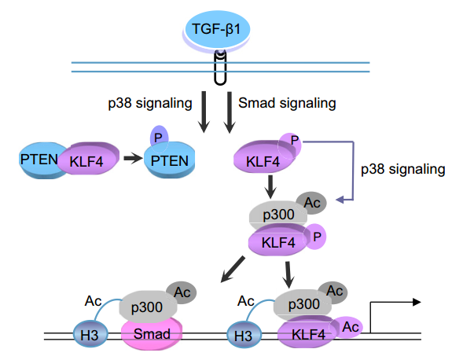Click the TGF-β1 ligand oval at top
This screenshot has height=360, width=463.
pyautogui.click(x=221, y=32)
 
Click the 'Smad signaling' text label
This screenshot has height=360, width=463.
pyautogui.click(x=287, y=103)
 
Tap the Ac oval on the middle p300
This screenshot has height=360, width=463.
pyautogui.click(x=311, y=204)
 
